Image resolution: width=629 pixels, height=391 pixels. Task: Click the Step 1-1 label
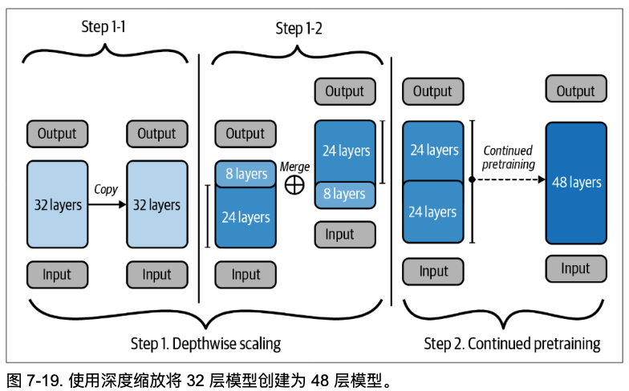104,27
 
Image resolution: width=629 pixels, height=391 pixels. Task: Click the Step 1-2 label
298,29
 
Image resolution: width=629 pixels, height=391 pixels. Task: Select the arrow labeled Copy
106,205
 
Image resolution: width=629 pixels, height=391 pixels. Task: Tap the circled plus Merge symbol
295,184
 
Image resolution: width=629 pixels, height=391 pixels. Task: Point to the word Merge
294,167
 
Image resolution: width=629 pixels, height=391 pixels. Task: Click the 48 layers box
576,183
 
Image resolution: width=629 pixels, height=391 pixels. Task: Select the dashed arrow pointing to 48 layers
510,180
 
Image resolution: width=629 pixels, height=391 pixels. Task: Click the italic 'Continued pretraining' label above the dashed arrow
508,157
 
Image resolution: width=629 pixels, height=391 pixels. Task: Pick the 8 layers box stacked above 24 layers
246,174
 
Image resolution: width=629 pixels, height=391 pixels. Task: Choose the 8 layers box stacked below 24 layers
344,194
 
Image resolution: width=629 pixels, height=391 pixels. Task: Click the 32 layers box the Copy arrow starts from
58,205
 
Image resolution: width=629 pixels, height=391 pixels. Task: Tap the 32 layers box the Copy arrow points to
156,205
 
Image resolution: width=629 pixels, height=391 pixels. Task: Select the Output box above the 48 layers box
576,91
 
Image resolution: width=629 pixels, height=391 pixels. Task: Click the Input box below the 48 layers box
575,268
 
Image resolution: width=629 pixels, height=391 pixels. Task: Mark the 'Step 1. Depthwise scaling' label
205,344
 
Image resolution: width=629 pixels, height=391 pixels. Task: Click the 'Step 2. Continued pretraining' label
512,344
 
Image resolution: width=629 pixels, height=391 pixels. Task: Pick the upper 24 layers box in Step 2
434,151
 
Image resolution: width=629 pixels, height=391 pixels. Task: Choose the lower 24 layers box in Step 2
434,212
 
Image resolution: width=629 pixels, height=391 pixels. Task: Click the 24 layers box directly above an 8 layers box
344,151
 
